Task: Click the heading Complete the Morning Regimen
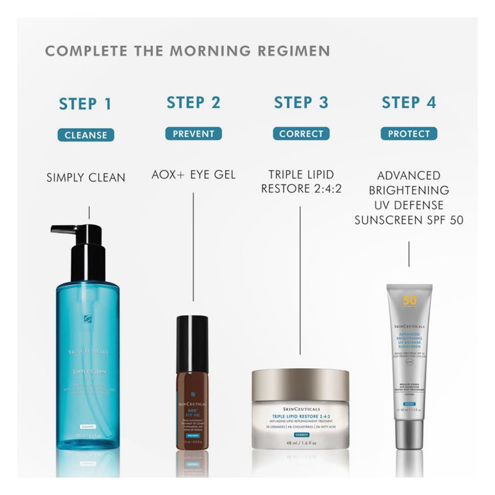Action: tap(187, 51)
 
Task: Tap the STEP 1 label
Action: tap(85, 104)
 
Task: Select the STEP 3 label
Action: tap(301, 103)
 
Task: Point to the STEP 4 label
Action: tap(408, 103)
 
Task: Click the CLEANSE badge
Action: tap(85, 134)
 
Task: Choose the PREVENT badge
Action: tap(193, 134)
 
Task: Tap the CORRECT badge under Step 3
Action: tap(301, 134)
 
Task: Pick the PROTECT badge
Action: tap(408, 134)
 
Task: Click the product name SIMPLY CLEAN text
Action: tap(86, 177)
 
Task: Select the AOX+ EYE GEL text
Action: tap(193, 175)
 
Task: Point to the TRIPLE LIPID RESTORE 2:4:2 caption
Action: tap(301, 182)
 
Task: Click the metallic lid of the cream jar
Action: tap(301, 384)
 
